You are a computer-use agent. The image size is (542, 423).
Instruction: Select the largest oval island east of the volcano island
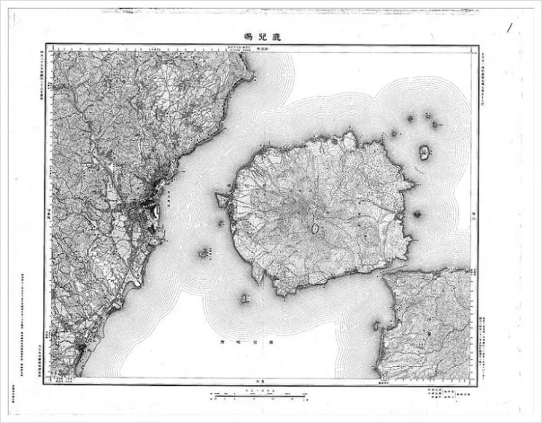click(x=424, y=152)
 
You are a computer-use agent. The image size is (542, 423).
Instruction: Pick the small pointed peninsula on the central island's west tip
click(x=218, y=198)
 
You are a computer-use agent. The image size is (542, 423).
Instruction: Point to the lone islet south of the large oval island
click(x=419, y=214)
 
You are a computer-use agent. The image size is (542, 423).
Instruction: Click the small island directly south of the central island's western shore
click(x=245, y=298)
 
